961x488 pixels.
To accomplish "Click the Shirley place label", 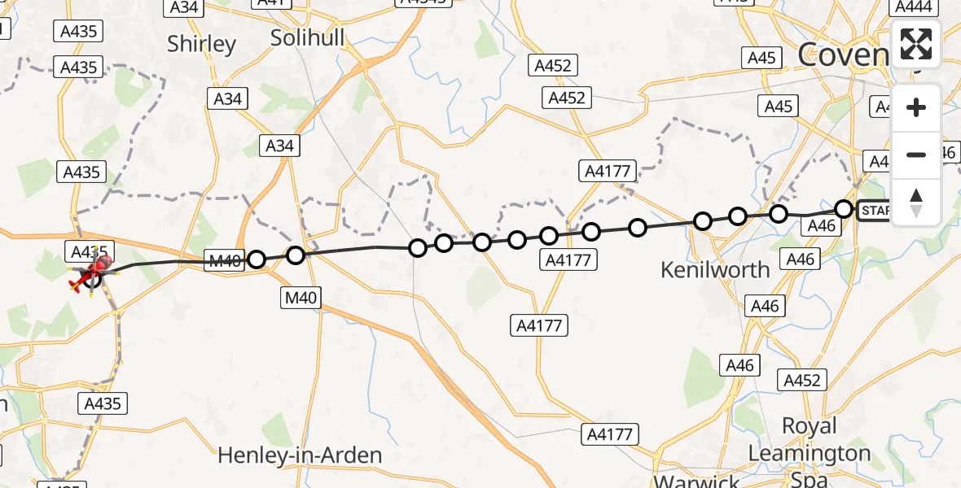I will coord(201,44).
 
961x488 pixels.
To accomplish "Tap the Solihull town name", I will coord(307,37).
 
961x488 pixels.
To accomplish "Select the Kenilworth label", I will coord(715,269).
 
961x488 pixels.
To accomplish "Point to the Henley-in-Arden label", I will coord(300,455).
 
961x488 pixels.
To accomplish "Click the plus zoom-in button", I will coord(916,107).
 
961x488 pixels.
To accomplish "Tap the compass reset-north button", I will coord(916,202).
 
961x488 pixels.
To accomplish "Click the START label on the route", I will coord(875,211).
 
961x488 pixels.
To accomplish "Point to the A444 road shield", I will coord(914,7).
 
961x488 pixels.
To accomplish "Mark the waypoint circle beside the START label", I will coord(844,209).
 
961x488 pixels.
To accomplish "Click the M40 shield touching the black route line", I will coord(224,261).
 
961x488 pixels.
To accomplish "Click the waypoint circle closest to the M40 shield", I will coord(257,259).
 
